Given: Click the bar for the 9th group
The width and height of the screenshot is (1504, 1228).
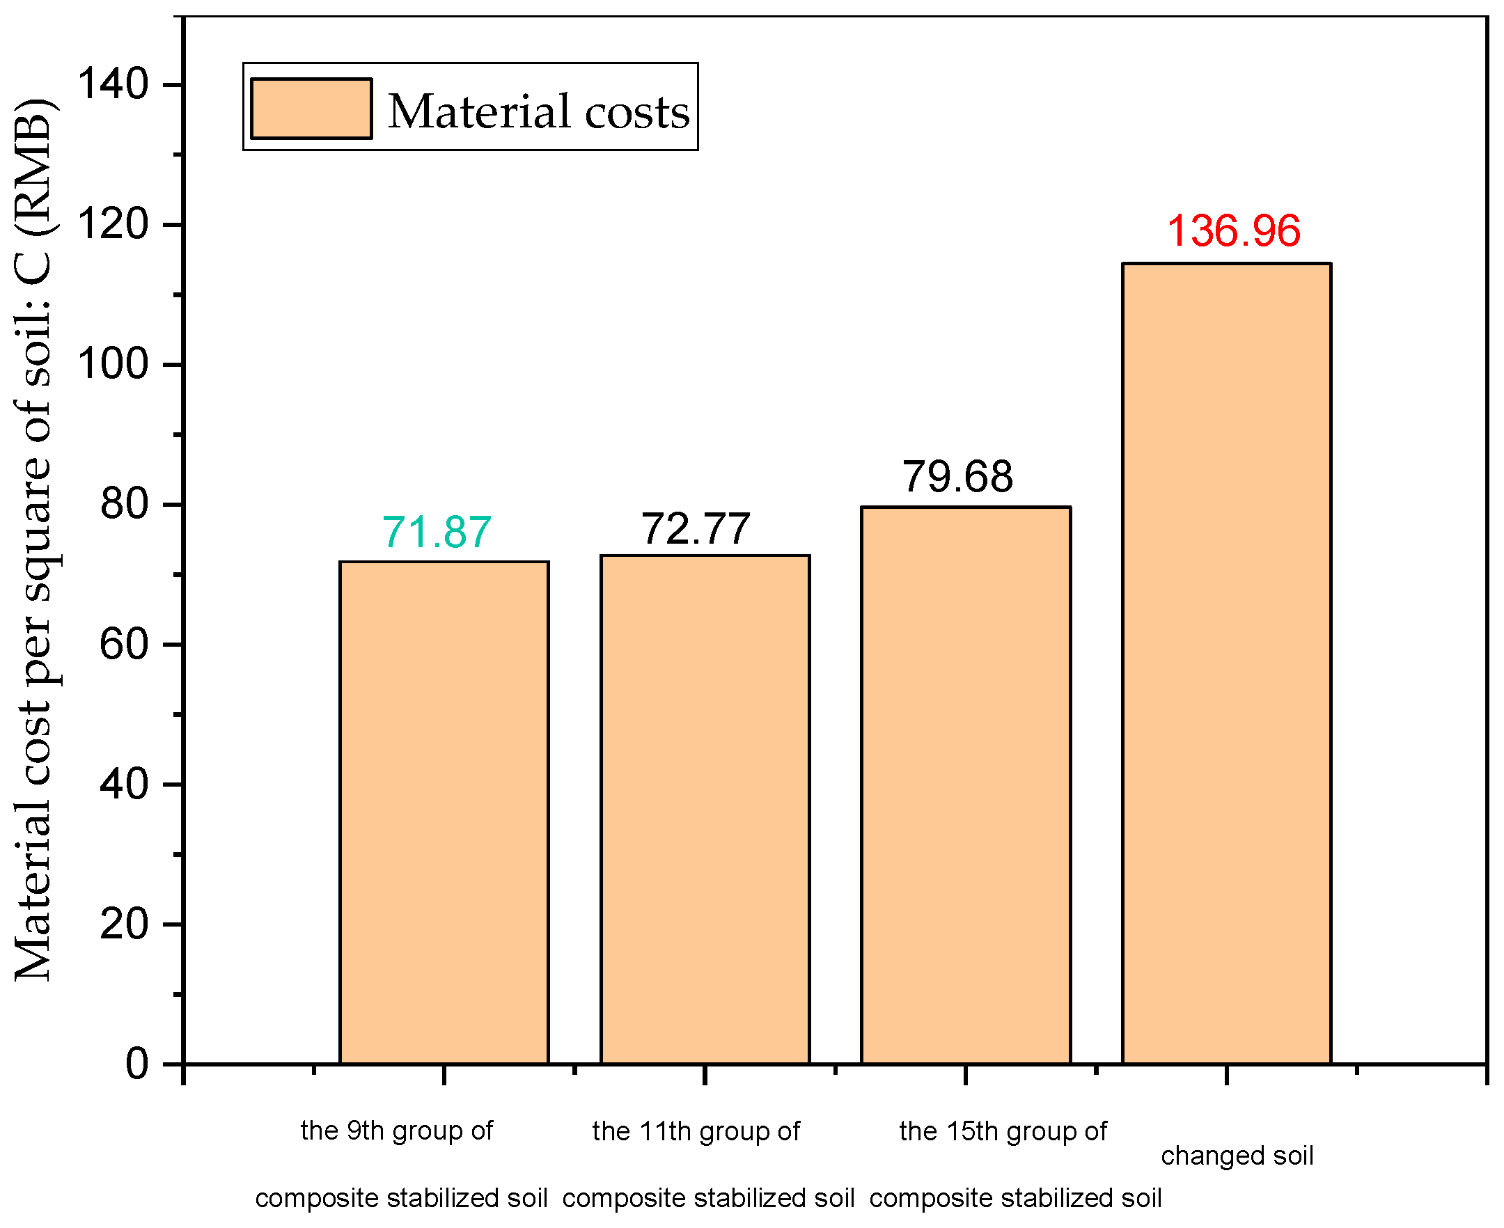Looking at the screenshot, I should (444, 814).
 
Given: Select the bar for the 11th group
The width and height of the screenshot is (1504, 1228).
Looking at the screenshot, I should (705, 810).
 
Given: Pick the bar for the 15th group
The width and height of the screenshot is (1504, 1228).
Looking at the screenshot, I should (966, 785).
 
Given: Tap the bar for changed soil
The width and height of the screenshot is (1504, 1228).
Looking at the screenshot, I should (1228, 665).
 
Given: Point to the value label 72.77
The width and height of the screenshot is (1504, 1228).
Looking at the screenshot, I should (696, 528).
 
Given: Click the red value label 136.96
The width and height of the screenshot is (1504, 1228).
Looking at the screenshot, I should (1234, 231).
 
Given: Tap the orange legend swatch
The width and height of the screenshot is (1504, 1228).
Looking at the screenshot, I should (311, 108).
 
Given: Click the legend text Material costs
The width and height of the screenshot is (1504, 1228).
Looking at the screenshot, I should (538, 112).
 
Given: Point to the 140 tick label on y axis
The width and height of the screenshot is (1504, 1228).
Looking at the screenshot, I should (113, 84).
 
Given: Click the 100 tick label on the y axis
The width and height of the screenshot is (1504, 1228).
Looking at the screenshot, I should (113, 365).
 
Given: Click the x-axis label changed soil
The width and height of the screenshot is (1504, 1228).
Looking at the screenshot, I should (1237, 1156).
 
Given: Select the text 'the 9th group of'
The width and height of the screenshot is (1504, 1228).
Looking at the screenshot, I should (396, 1131).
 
